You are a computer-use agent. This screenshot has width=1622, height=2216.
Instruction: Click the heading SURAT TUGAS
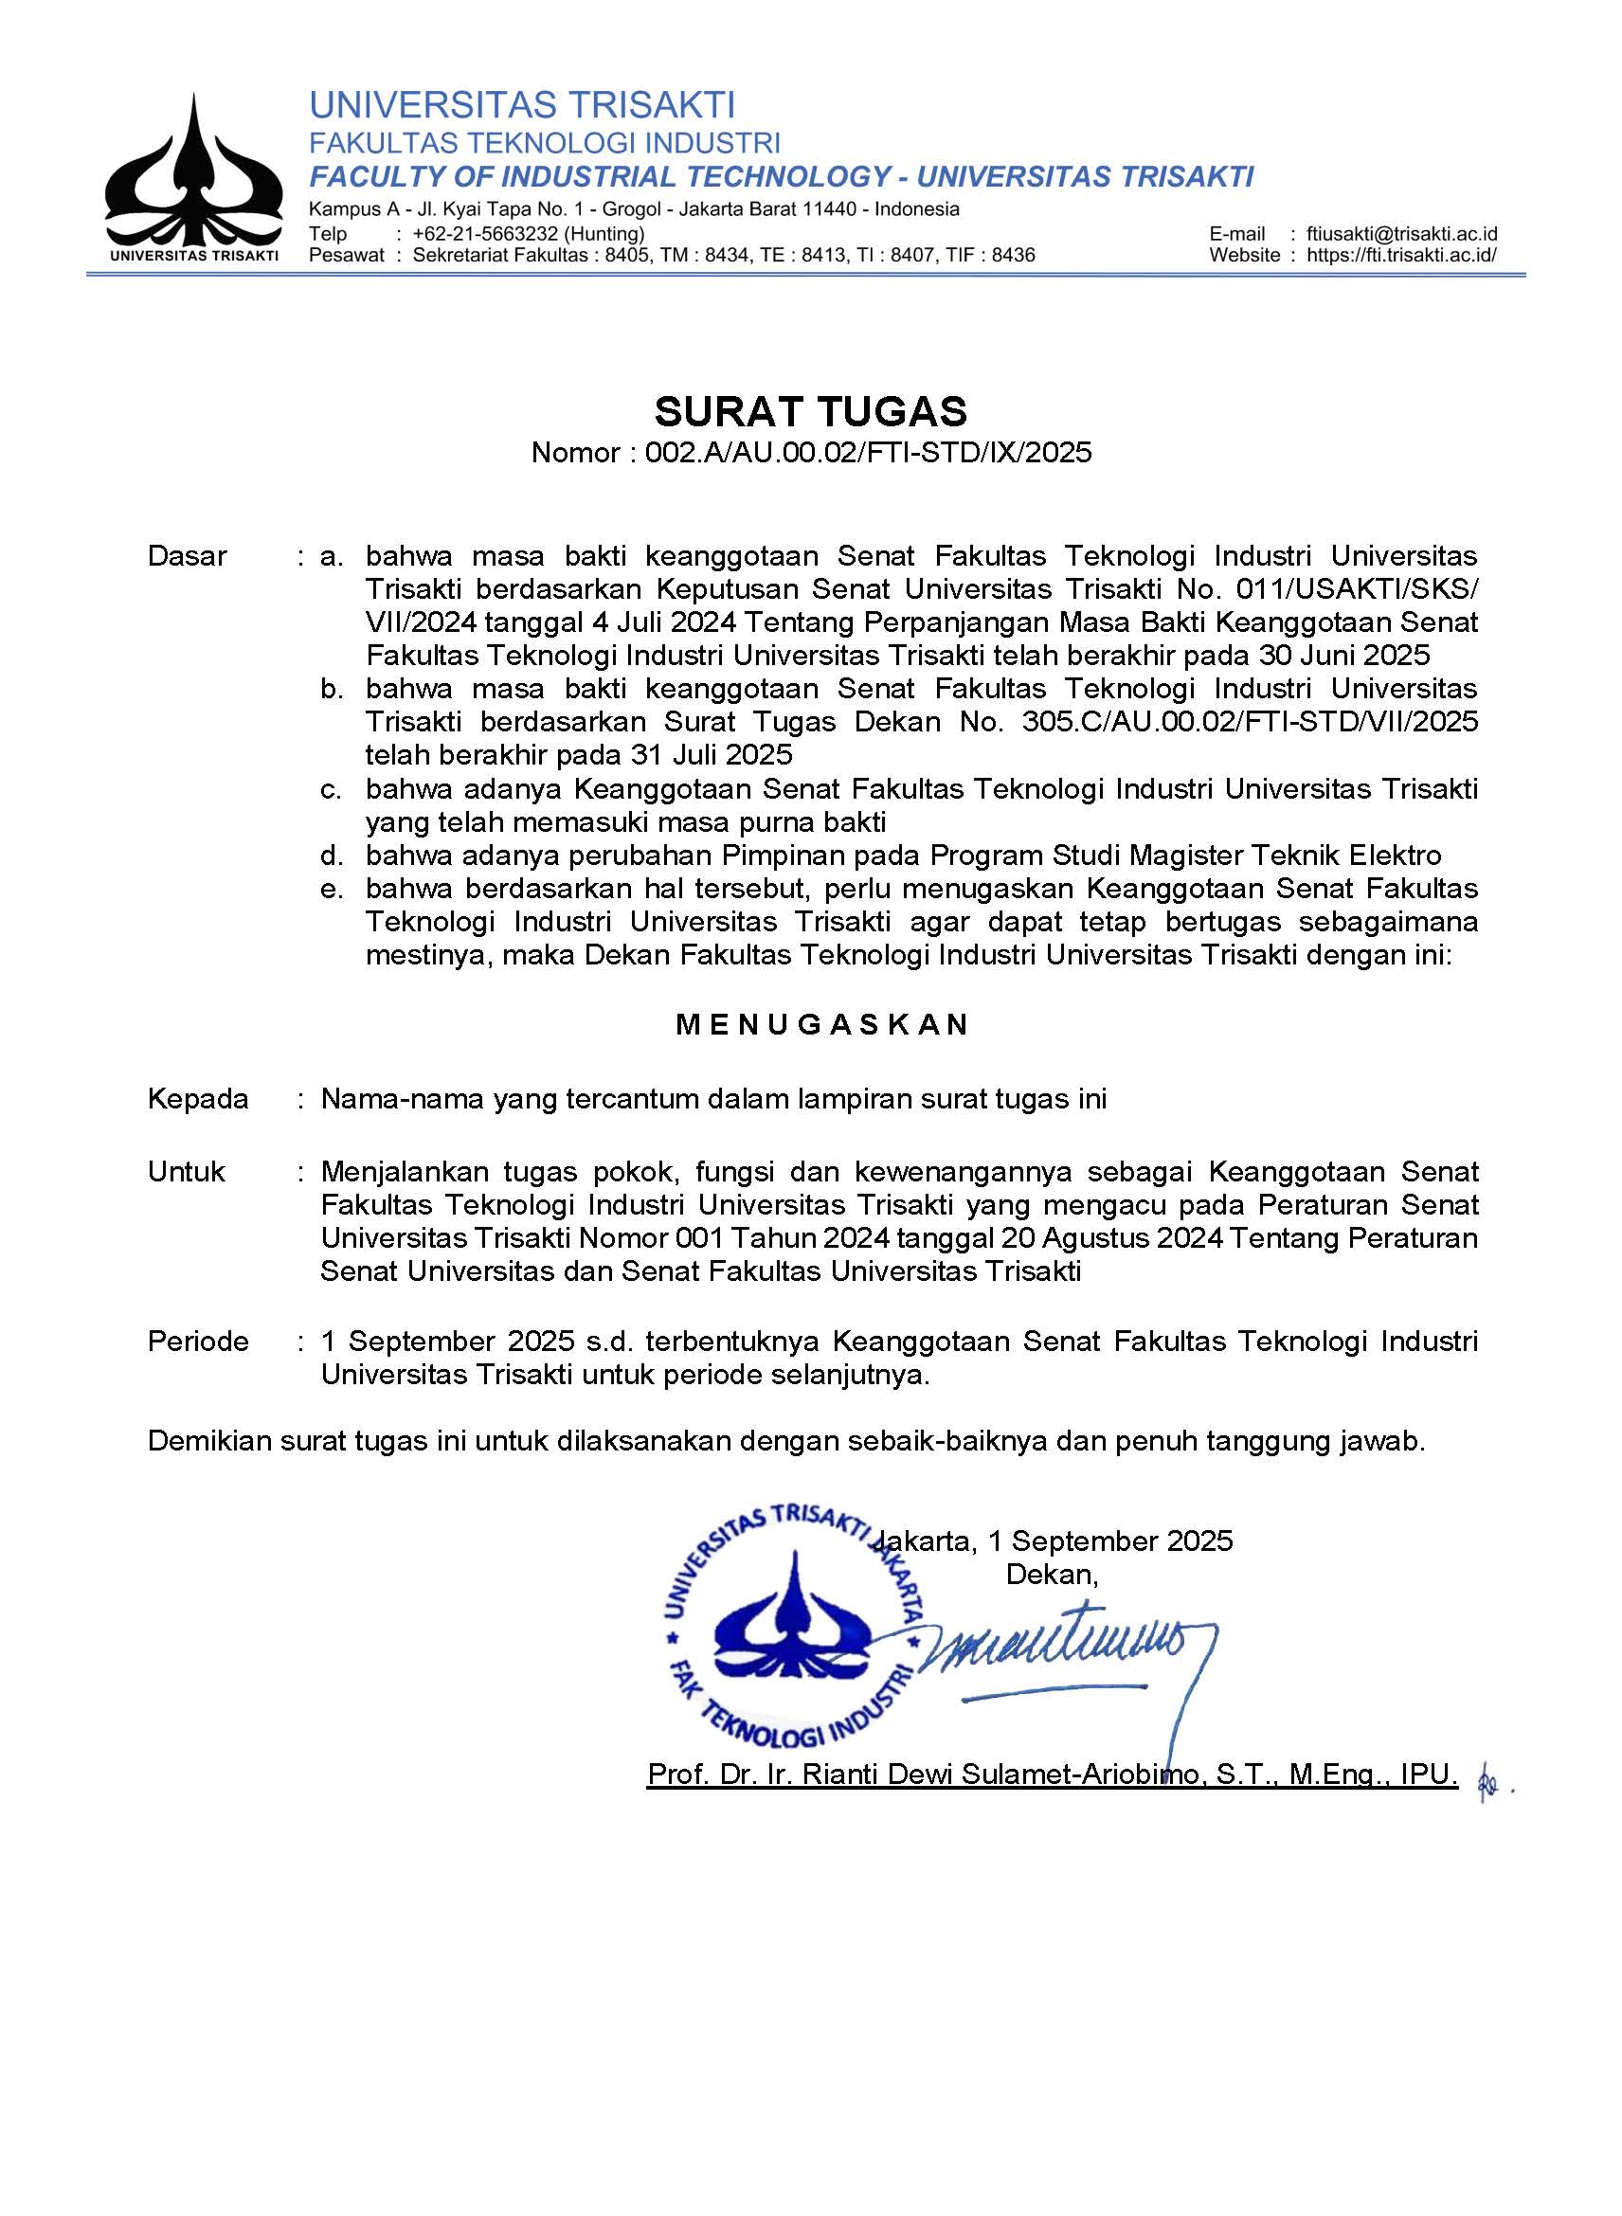coord(810,411)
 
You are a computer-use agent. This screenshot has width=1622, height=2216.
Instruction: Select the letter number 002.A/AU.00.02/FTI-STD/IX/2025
coord(868,453)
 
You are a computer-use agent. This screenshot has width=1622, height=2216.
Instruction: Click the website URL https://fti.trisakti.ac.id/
coord(1401,255)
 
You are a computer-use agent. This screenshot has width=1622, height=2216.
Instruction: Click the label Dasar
coord(187,556)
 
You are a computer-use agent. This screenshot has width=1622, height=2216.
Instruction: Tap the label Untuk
coord(186,1171)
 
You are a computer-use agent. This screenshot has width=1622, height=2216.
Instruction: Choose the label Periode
coord(197,1342)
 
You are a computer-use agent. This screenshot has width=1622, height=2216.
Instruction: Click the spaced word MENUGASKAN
coord(821,1025)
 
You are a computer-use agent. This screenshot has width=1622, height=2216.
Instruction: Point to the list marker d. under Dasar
coord(332,856)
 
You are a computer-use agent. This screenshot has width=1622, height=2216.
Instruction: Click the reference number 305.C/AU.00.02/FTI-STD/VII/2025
coord(1249,722)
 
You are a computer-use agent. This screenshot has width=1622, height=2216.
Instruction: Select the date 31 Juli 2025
coord(706,755)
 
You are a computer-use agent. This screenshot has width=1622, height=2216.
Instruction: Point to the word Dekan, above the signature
coord(1052,1575)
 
